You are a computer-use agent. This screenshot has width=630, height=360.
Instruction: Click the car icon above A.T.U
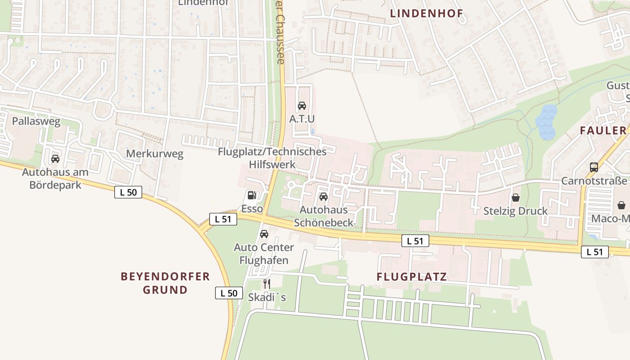coord(302,106)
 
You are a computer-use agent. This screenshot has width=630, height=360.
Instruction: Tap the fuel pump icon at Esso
coord(252,195)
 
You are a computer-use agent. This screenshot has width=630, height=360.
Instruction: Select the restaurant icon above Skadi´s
coord(267,283)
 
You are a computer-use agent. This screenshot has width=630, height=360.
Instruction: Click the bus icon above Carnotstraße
coord(594,167)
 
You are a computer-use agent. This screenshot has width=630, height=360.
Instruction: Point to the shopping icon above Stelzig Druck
coord(516,197)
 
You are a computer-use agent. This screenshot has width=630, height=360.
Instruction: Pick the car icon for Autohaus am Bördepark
coord(55,158)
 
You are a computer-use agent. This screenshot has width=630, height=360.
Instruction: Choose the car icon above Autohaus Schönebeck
coord(324,196)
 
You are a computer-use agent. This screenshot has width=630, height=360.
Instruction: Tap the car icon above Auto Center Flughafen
coord(264,234)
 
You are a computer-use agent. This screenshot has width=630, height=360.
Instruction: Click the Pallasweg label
coord(36,121)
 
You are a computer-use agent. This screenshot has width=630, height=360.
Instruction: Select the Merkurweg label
coord(155,154)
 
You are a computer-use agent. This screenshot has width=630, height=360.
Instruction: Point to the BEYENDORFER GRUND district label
coord(165,283)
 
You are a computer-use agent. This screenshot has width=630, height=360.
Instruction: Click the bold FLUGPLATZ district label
coord(412,276)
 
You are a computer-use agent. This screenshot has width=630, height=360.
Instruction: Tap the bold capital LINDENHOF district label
coord(426,13)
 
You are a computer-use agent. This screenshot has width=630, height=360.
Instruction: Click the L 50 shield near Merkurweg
coord(128,192)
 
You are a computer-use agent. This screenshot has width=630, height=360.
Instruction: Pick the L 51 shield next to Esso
coord(223,219)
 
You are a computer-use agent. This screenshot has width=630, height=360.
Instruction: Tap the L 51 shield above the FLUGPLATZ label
coord(415,241)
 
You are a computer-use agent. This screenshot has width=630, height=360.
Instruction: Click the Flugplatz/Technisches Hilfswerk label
coord(272,157)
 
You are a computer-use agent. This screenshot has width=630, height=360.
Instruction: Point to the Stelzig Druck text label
coord(515,211)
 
